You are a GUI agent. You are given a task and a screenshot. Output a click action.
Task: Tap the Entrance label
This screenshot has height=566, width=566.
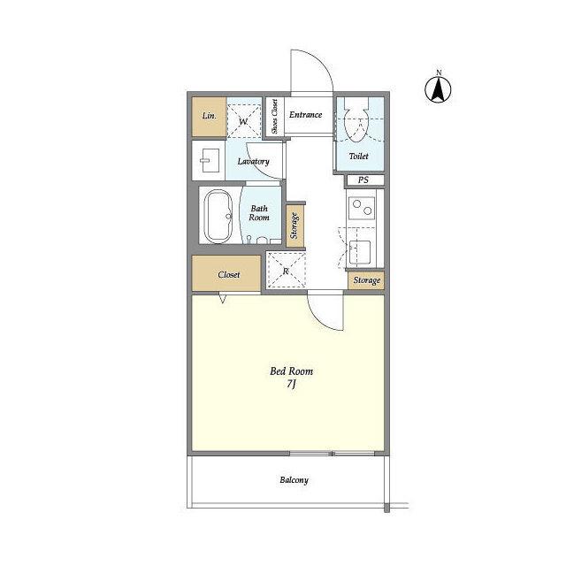305,115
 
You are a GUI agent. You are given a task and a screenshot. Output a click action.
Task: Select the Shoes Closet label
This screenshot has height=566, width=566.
275,116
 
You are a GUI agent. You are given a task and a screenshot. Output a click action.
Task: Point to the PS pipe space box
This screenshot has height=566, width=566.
364,180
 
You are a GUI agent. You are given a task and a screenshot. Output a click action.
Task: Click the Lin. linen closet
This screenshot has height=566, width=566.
209,117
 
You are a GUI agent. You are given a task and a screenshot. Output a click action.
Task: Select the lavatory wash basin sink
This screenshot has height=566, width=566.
210,160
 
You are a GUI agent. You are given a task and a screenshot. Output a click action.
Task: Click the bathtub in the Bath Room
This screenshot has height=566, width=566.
218,216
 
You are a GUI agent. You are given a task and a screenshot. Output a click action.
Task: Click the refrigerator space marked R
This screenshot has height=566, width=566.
286,270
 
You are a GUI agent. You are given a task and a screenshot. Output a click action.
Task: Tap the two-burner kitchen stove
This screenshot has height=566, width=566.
362,208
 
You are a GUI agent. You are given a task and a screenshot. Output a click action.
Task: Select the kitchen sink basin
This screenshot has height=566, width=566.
360,252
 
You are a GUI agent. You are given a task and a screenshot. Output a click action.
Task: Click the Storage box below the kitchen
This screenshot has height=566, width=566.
366,280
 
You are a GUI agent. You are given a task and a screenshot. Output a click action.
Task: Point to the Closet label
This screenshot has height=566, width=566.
229,275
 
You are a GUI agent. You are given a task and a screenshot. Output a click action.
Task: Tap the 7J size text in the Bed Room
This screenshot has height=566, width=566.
291,384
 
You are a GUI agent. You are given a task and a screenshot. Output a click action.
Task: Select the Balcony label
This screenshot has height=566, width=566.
294,480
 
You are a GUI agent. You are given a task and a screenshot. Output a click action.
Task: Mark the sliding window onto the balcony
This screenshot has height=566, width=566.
332,454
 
